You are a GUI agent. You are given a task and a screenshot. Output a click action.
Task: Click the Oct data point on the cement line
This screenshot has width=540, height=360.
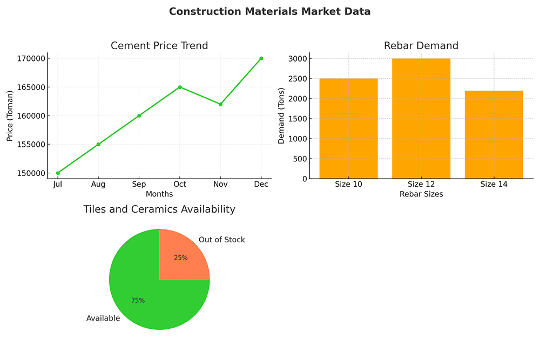[x=180, y=87]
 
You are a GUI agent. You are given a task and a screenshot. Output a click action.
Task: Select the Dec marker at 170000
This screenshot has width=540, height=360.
[x=261, y=58]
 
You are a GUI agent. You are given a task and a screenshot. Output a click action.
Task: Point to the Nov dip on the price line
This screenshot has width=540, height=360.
[x=220, y=104]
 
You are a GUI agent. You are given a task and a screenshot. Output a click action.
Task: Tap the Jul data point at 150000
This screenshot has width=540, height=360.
[x=58, y=173]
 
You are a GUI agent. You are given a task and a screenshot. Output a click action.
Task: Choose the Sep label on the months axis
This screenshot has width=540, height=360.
[x=139, y=184]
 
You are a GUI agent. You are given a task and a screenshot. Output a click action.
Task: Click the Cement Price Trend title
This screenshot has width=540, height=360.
[x=159, y=46]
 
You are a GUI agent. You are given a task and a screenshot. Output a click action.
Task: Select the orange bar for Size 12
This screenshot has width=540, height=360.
[x=421, y=119]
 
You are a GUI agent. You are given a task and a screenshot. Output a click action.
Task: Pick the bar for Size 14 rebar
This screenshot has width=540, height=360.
[x=494, y=135]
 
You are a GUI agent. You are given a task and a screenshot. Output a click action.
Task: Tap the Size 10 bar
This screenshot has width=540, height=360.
[x=348, y=128]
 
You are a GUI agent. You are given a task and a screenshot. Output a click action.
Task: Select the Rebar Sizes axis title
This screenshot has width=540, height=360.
[x=421, y=194]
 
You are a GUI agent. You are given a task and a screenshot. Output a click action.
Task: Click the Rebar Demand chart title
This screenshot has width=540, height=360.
[x=421, y=46]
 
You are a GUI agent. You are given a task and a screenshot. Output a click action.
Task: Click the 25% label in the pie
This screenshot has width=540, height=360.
[x=181, y=258]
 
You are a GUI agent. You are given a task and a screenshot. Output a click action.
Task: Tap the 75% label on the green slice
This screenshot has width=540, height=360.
[x=138, y=301]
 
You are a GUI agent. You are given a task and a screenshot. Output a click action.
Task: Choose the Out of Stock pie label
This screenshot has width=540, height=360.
[x=221, y=240]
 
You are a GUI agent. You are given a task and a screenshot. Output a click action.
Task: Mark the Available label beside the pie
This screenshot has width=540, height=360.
[x=103, y=318]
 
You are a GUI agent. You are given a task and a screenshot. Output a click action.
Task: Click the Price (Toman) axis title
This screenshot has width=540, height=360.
[x=10, y=116]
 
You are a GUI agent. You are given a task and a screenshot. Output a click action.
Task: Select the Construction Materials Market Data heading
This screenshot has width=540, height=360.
[x=270, y=11]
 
